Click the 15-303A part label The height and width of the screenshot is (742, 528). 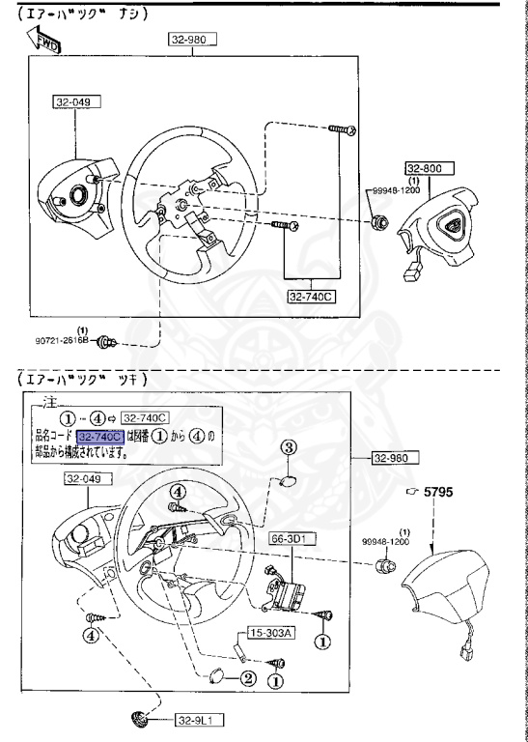pos(271,634)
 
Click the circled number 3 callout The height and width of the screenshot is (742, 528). pos(287,446)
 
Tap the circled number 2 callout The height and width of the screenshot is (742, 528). pos(248,677)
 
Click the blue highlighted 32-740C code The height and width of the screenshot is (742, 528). pos(100,437)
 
